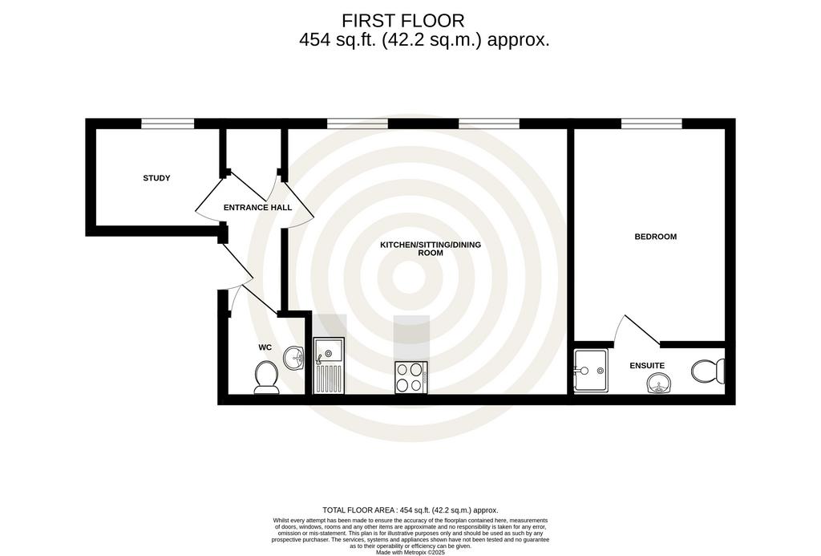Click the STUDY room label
click(x=156, y=178)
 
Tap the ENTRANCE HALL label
click(x=257, y=208)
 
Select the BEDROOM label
click(x=656, y=237)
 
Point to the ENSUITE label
click(x=647, y=366)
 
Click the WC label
click(x=265, y=347)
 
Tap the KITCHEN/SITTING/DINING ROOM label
click(x=431, y=249)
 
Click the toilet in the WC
click(x=266, y=377)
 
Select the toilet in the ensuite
click(x=708, y=371)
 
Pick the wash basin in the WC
click(x=294, y=359)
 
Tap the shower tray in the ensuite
click(x=591, y=371)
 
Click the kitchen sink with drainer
click(x=329, y=365)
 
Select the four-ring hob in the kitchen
click(x=411, y=377)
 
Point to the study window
click(x=168, y=124)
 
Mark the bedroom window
click(x=652, y=124)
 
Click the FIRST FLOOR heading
click(x=403, y=21)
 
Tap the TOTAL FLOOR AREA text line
click(x=410, y=510)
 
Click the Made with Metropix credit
click(x=410, y=552)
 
